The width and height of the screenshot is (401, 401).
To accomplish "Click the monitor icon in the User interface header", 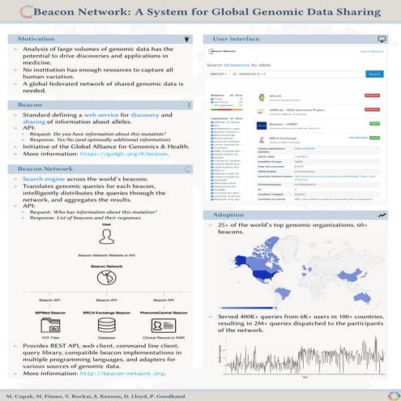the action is tap(382, 38).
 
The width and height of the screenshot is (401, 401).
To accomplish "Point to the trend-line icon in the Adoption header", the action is tap(382, 215).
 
